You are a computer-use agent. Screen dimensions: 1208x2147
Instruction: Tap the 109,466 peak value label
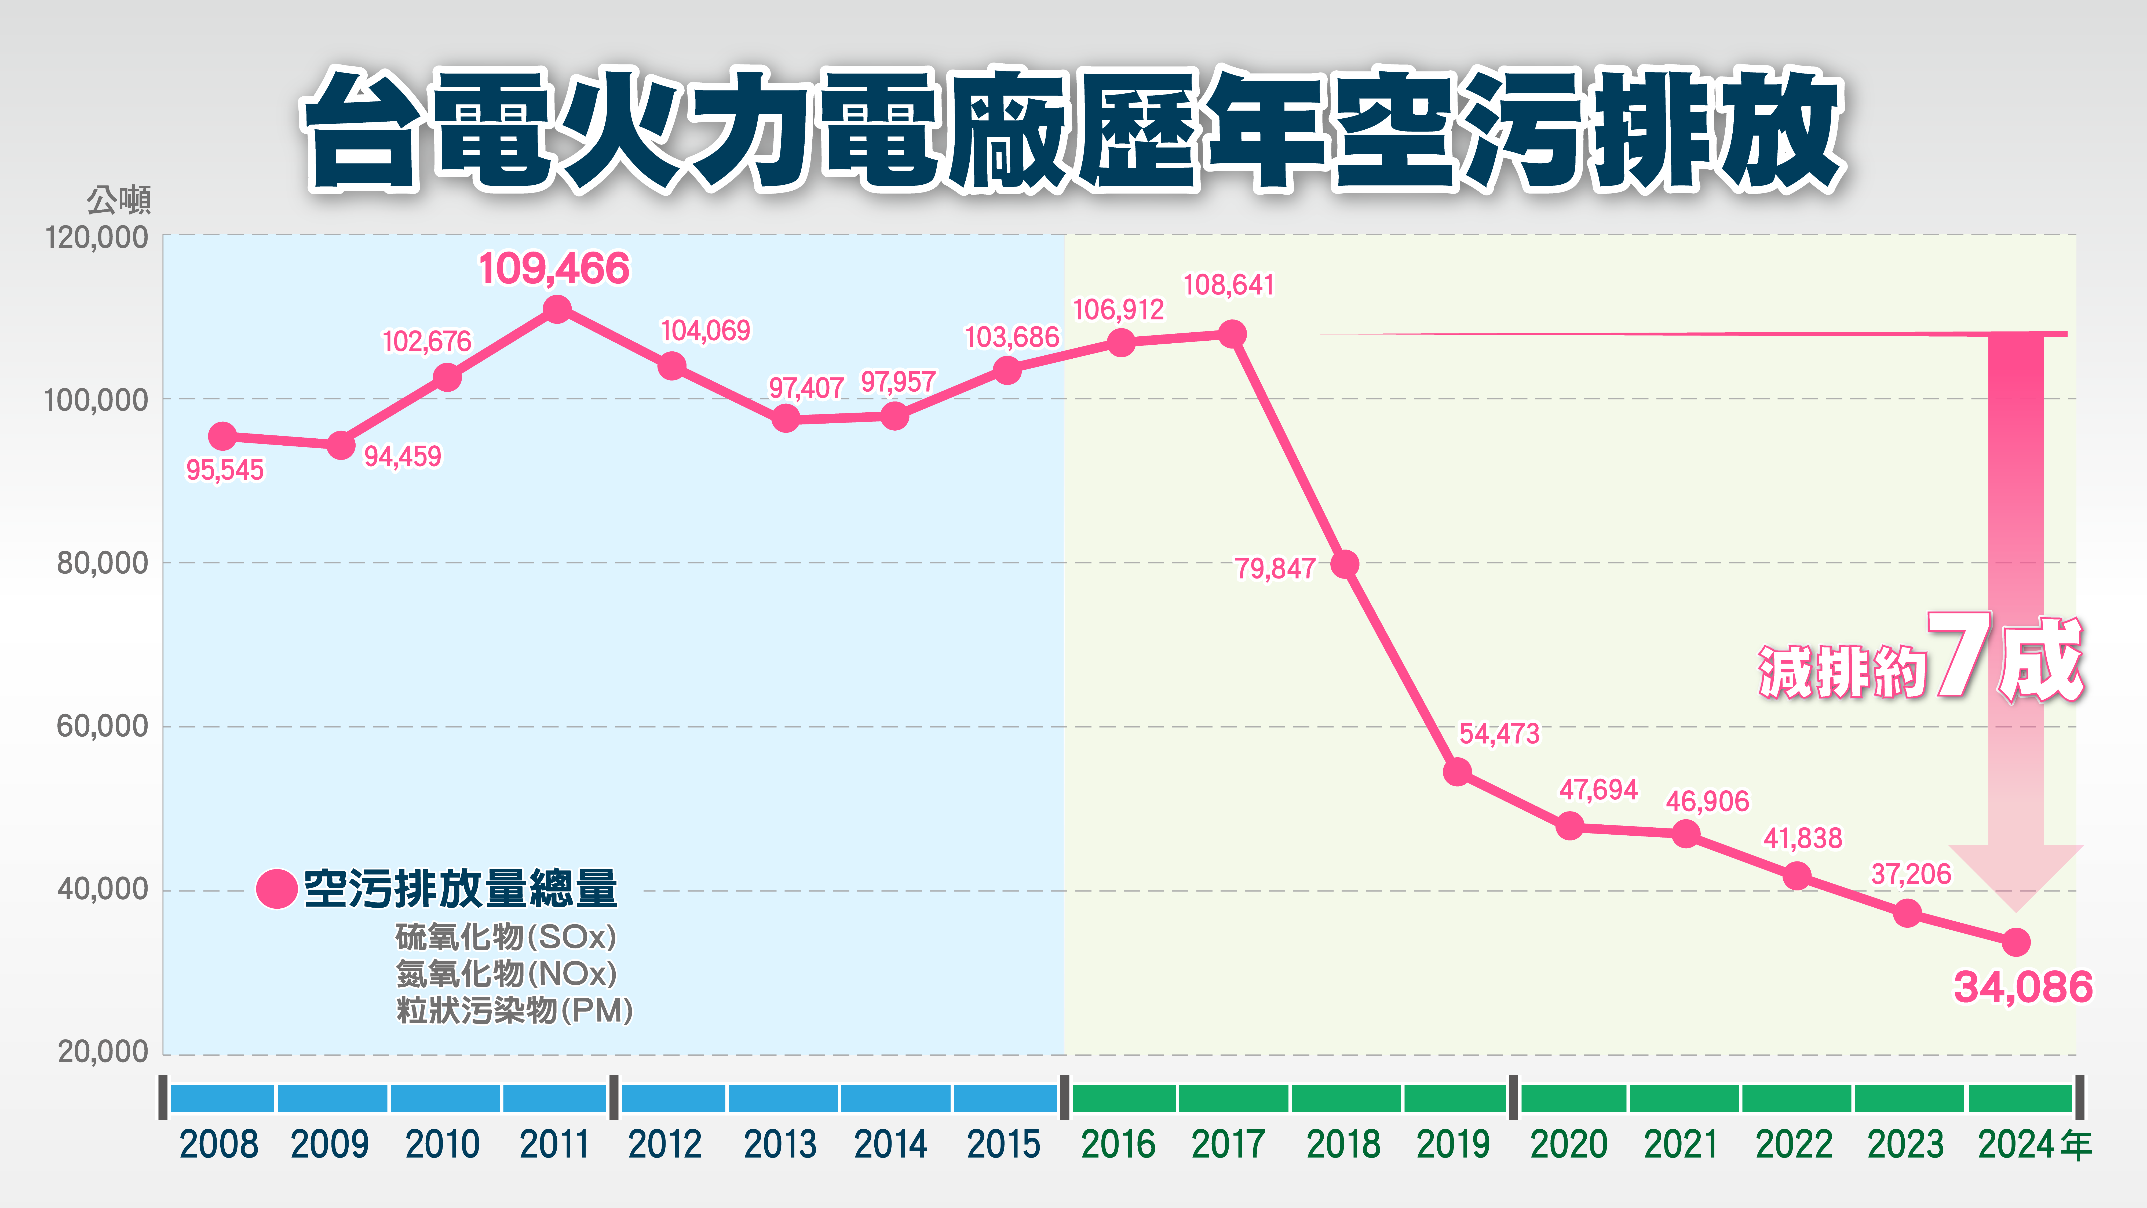click(554, 268)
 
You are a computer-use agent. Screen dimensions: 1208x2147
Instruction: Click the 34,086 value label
click(2023, 987)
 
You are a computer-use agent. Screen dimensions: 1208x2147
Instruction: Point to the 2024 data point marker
click(2015, 943)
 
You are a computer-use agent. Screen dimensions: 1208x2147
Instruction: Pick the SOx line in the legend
click(505, 937)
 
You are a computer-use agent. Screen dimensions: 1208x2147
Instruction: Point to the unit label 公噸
click(118, 200)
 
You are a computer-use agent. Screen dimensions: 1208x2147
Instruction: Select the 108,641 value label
click(1229, 285)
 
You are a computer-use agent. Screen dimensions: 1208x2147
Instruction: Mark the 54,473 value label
click(1499, 734)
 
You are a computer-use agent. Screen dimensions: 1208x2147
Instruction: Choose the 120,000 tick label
click(96, 238)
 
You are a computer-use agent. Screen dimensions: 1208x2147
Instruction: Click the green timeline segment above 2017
click(1233, 1099)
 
